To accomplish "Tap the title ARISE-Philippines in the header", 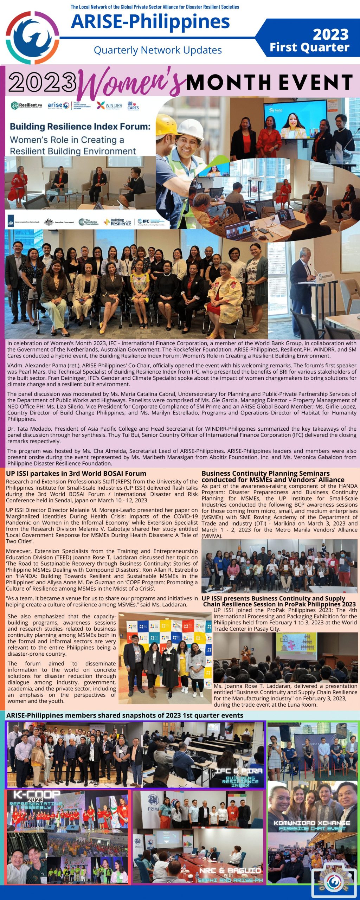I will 150,22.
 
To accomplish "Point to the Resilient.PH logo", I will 27,105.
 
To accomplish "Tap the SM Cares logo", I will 133,105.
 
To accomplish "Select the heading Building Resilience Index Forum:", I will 80,127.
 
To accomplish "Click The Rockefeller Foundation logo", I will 88,222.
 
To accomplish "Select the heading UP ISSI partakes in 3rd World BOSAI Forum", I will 76,474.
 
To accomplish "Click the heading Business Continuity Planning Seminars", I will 265,474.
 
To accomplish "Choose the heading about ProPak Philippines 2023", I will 279,601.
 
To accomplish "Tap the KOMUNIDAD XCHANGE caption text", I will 312,823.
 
